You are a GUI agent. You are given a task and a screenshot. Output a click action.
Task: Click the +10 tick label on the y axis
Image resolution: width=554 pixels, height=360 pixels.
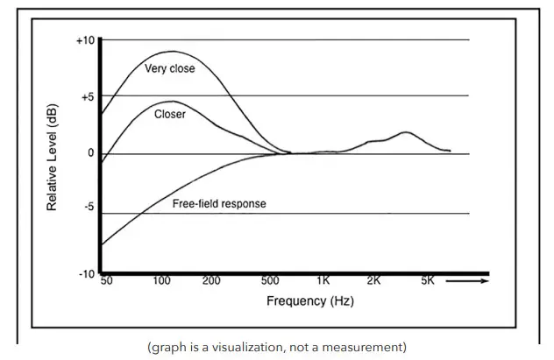point(85,40)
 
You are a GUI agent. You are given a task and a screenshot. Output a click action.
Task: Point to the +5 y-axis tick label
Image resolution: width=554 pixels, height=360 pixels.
point(87,97)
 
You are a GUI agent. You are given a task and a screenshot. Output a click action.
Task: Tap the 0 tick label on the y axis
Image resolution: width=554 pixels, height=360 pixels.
point(90,154)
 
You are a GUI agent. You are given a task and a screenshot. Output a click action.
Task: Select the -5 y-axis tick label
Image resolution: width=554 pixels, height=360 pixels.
point(88,208)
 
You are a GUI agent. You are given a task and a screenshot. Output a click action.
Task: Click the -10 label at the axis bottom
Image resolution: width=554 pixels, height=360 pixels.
point(86,274)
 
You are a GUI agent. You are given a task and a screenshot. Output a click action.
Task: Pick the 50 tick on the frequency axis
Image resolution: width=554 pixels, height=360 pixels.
point(107,281)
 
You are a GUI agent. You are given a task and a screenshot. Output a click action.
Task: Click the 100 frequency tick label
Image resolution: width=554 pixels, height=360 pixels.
point(161,281)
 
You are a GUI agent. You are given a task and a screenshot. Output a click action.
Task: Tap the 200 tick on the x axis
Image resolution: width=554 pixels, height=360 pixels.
point(210,281)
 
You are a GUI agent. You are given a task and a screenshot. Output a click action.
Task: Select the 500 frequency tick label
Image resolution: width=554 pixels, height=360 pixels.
point(270,281)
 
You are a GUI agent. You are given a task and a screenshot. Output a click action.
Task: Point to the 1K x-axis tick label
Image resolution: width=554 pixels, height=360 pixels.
point(323,281)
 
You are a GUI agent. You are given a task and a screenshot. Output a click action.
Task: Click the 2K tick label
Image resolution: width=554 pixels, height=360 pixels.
point(373,281)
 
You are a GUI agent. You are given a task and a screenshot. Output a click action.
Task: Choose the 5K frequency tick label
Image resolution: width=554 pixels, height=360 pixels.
point(427,281)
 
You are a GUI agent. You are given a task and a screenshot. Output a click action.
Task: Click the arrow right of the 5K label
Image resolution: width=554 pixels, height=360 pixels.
point(467,281)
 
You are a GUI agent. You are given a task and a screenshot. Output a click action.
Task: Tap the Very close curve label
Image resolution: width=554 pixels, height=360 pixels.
point(169,68)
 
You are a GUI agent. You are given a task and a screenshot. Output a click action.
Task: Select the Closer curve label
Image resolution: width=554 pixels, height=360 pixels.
point(169,115)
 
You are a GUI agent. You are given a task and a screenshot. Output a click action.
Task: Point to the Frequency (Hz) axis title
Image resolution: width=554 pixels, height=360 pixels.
point(311,301)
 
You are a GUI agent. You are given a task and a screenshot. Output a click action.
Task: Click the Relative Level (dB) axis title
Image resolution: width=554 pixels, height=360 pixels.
point(53,159)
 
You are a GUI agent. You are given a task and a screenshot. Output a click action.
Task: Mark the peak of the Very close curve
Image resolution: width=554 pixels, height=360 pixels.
point(172,52)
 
